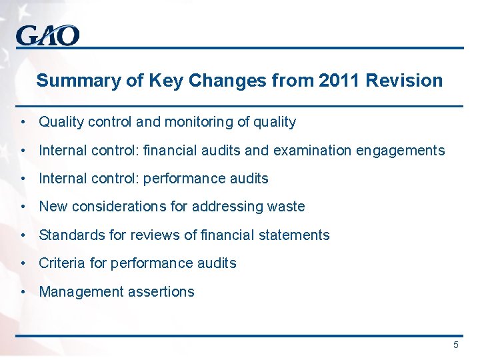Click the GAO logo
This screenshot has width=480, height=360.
pos(48,35)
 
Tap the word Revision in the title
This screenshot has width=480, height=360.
pos(405,81)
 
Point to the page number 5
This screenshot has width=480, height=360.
pos(456,345)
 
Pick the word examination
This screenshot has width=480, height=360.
pos(311,151)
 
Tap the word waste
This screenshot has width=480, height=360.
pos(286,207)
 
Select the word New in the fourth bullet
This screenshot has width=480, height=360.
pos(54,207)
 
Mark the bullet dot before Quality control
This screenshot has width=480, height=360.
pos(23,122)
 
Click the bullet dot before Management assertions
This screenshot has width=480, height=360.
pos(23,291)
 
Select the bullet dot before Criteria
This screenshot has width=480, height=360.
pos(23,263)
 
